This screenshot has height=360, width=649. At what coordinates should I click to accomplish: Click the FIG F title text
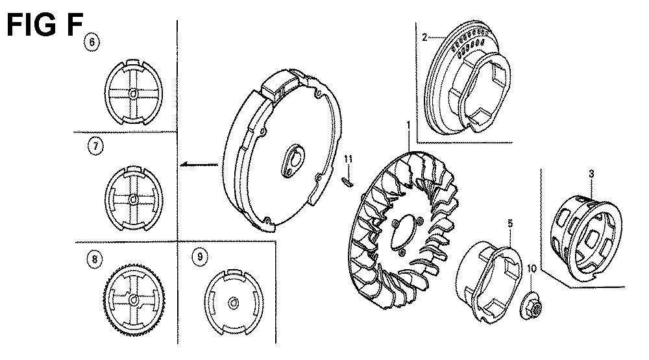pyautogui.click(x=45, y=25)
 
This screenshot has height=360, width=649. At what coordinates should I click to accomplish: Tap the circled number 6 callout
pyautogui.click(x=92, y=42)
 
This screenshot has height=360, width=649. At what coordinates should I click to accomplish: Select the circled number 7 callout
pyautogui.click(x=95, y=147)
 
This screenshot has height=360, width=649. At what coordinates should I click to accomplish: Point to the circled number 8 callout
pyautogui.click(x=95, y=259)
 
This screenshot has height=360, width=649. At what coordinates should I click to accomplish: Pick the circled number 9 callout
pyautogui.click(x=201, y=257)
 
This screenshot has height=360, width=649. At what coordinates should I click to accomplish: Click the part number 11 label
pyautogui.click(x=348, y=159)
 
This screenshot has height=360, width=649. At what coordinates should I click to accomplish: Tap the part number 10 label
pyautogui.click(x=532, y=269)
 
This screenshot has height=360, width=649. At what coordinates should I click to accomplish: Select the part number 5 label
pyautogui.click(x=510, y=223)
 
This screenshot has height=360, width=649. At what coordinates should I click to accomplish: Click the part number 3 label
pyautogui.click(x=591, y=174)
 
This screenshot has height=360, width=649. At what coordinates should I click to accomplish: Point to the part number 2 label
pyautogui.click(x=424, y=37)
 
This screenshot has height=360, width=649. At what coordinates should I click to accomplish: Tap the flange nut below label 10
pyautogui.click(x=531, y=306)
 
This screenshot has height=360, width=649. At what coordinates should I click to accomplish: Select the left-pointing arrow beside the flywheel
pyautogui.click(x=199, y=165)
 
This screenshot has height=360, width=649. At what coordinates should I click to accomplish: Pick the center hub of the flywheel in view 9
pyautogui.click(x=234, y=303)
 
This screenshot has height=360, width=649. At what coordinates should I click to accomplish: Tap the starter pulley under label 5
pyautogui.click(x=489, y=282)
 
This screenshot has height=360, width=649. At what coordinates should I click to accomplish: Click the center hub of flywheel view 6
pyautogui.click(x=133, y=94)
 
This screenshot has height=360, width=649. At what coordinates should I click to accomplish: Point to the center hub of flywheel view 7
pyautogui.click(x=133, y=199)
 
